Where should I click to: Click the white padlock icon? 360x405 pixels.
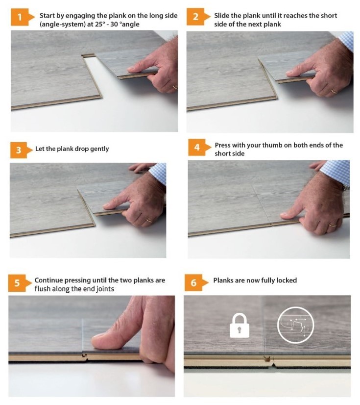click(x=240, y=326)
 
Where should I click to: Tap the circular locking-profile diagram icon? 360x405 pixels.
click(x=295, y=325)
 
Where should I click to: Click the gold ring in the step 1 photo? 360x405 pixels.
click(x=175, y=87)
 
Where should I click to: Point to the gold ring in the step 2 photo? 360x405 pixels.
click(x=334, y=91)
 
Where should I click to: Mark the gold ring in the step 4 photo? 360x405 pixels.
click(x=333, y=225)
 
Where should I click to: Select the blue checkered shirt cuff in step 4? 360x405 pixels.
click(x=336, y=171)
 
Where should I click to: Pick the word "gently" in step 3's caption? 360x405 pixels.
click(x=99, y=149)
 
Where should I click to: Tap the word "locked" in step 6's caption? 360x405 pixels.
click(x=287, y=280)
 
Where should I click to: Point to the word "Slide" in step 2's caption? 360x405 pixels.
click(x=222, y=16)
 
